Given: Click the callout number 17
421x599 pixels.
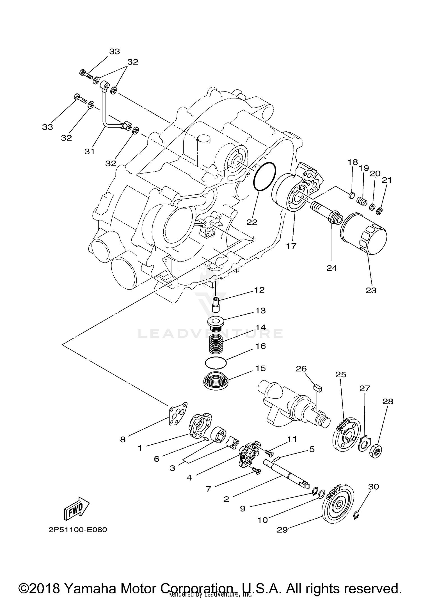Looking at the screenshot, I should coord(291,246).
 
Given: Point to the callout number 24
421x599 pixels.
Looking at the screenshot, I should coord(332,268).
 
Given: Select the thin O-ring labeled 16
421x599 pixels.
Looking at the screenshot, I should coord(215,363).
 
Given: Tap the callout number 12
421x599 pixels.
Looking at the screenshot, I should coord(260,290).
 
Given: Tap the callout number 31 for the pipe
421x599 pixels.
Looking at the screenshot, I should coord(89,152).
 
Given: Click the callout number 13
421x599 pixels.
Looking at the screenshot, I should coord(260,311).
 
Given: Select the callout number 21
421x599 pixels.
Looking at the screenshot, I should coord(386,180).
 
